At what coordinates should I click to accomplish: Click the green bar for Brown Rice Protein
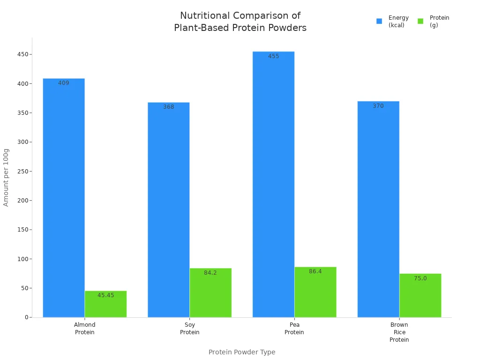(420, 295)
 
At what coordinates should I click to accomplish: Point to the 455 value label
(274, 56)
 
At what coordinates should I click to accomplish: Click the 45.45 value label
(106, 295)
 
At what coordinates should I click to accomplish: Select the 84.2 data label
(210, 273)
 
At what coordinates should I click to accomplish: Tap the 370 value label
(378, 106)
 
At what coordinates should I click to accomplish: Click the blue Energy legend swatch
(379, 21)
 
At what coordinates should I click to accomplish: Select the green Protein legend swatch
(420, 21)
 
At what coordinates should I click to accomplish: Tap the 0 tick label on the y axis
(27, 317)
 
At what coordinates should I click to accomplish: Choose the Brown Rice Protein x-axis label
(399, 332)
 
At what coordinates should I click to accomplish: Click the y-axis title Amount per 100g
(6, 177)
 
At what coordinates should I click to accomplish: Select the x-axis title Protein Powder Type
(242, 352)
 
